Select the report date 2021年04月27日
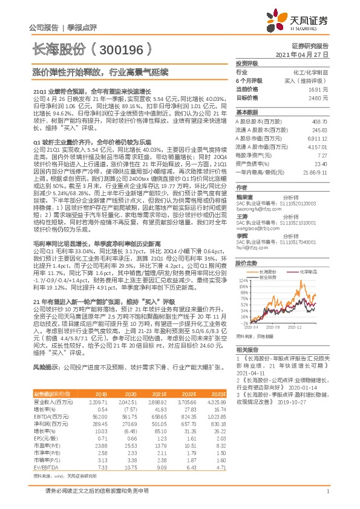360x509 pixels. tap(301, 54)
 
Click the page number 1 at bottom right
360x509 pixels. tap(327, 494)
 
